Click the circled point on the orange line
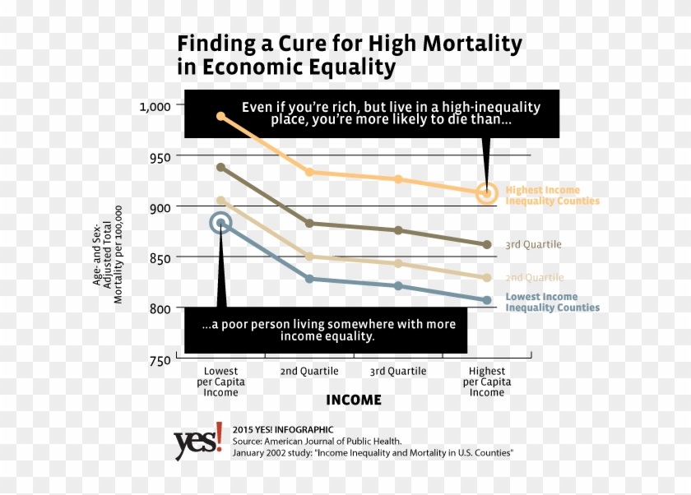486,194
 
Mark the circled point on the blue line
220,223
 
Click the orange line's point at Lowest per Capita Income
220,116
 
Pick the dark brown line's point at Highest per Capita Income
486,244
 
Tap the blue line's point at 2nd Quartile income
309,279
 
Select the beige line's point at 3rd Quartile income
398,264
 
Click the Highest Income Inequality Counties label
552,196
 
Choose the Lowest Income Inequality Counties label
552,303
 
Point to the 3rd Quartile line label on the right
533,245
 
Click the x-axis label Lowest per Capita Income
220,382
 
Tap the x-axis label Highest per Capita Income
486,382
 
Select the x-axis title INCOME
354,400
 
